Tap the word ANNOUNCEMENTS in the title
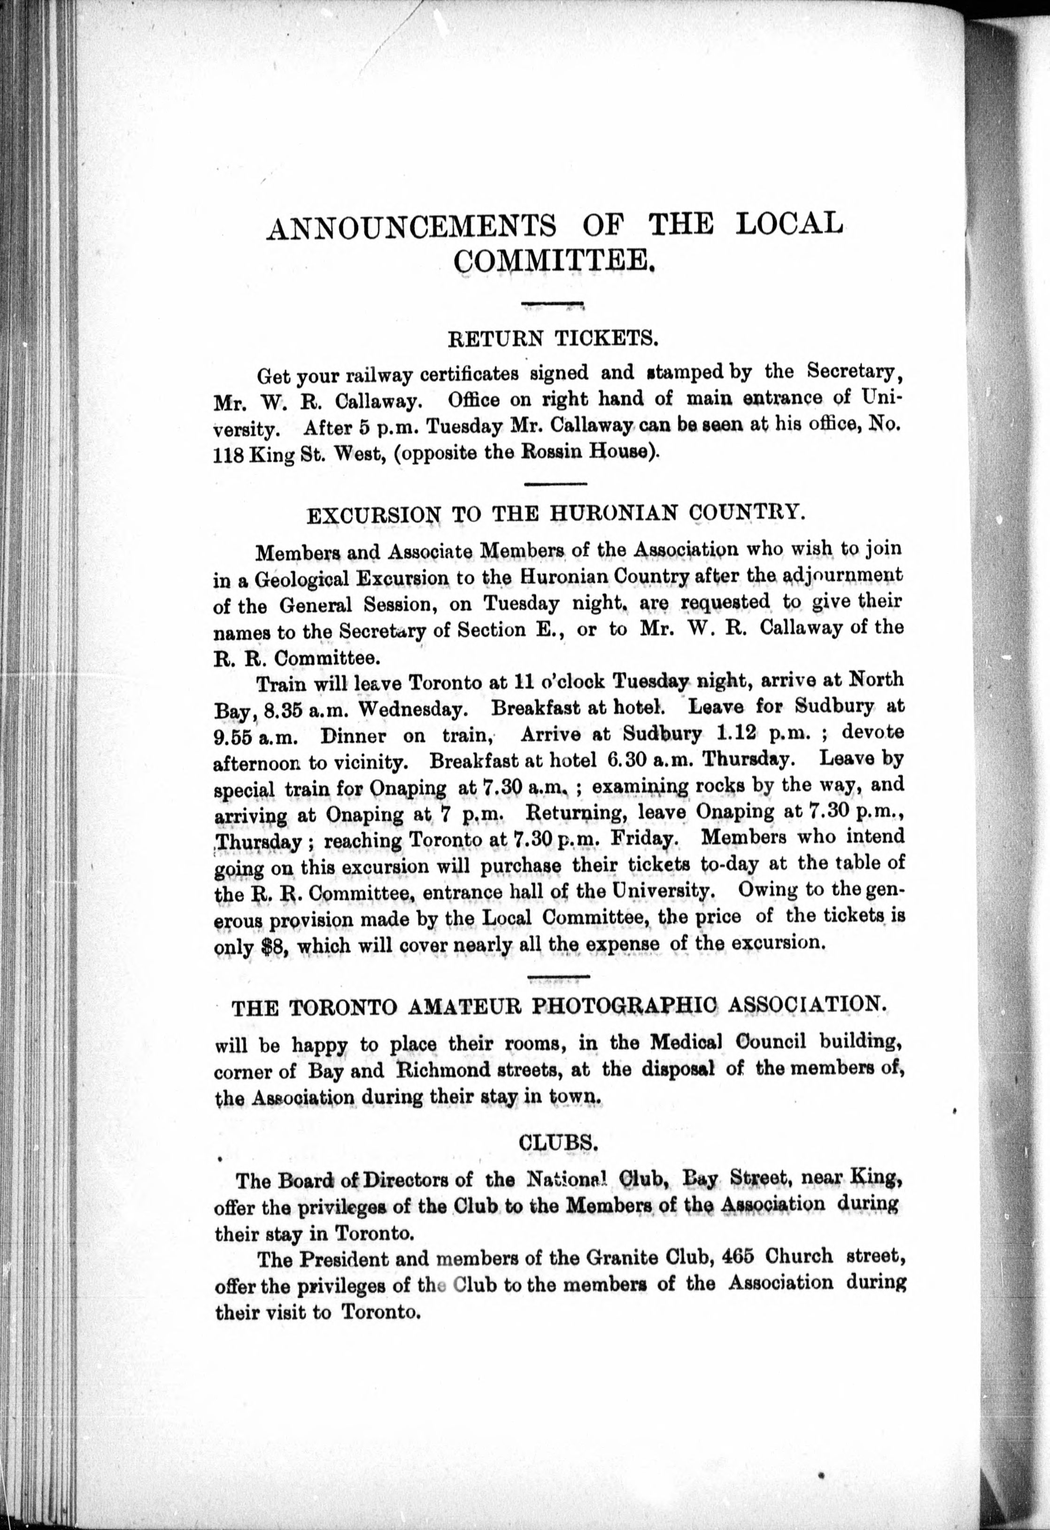coord(411,227)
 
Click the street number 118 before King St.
coord(228,456)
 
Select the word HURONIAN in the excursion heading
coord(596,513)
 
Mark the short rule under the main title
coord(553,303)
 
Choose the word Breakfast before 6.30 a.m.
coord(473,762)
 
